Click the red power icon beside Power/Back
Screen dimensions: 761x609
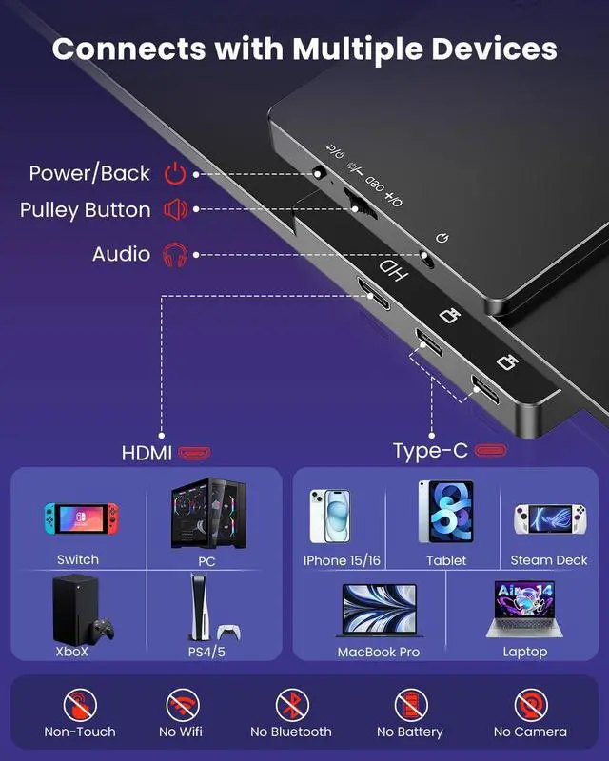(174, 173)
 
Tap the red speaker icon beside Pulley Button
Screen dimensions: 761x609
(174, 209)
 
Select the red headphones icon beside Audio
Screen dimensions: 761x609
(174, 254)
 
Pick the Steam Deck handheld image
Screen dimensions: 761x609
(549, 520)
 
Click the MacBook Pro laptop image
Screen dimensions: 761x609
(379, 610)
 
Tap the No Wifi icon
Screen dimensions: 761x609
(182, 706)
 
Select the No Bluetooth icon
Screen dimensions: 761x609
(291, 706)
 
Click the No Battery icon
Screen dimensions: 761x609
(410, 706)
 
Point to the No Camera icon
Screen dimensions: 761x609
(530, 706)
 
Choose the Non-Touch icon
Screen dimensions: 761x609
(80, 706)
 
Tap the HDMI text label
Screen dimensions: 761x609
(147, 453)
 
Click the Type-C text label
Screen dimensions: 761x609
(430, 451)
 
